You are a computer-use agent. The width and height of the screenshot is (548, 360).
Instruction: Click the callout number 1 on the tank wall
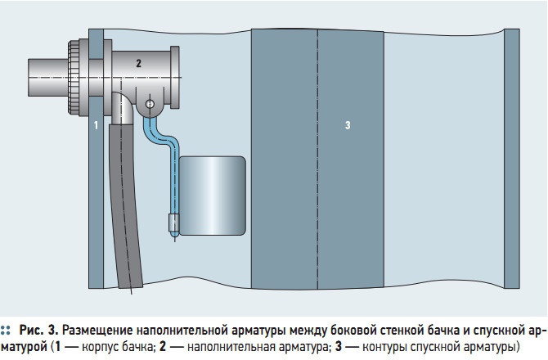pyautogui.click(x=97, y=125)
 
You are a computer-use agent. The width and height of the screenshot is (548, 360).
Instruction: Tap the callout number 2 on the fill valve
pyautogui.click(x=139, y=63)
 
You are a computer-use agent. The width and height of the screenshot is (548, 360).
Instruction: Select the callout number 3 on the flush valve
pyautogui.click(x=348, y=125)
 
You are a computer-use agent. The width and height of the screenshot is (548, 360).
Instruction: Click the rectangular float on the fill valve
pyautogui.click(x=212, y=196)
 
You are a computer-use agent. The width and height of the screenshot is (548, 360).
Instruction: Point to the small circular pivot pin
pyautogui.click(x=150, y=104)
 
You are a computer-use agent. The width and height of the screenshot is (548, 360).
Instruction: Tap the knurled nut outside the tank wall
pyautogui.click(x=74, y=78)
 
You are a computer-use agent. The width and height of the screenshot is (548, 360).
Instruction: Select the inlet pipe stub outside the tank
pyautogui.click(x=48, y=78)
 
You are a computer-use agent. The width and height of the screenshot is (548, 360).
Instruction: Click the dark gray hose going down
pyautogui.click(x=125, y=206)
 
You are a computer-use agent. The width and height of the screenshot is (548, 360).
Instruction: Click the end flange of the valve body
pyautogui.click(x=175, y=77)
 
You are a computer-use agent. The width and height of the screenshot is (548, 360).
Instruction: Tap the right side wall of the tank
pyautogui.click(x=512, y=159)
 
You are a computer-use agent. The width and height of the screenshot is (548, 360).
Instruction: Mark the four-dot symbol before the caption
pyautogui.click(x=5, y=331)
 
